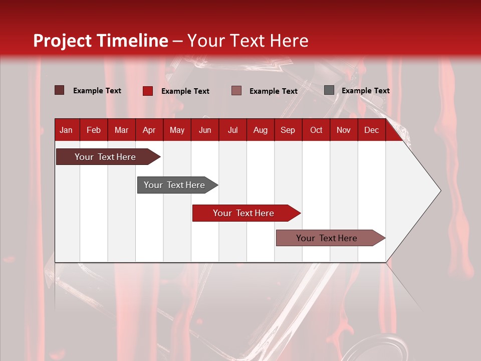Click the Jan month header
click(66, 130)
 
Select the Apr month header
click(149, 130)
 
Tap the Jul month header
click(232, 130)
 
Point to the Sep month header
click(288, 130)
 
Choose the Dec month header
click(371, 130)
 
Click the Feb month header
click(94, 130)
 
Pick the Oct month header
click(316, 130)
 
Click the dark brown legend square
click(60, 90)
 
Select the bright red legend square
click(147, 91)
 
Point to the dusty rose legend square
click(236, 91)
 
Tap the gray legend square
click(329, 90)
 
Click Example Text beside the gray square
click(365, 90)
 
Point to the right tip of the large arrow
click(440, 191)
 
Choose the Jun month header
click(205, 130)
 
